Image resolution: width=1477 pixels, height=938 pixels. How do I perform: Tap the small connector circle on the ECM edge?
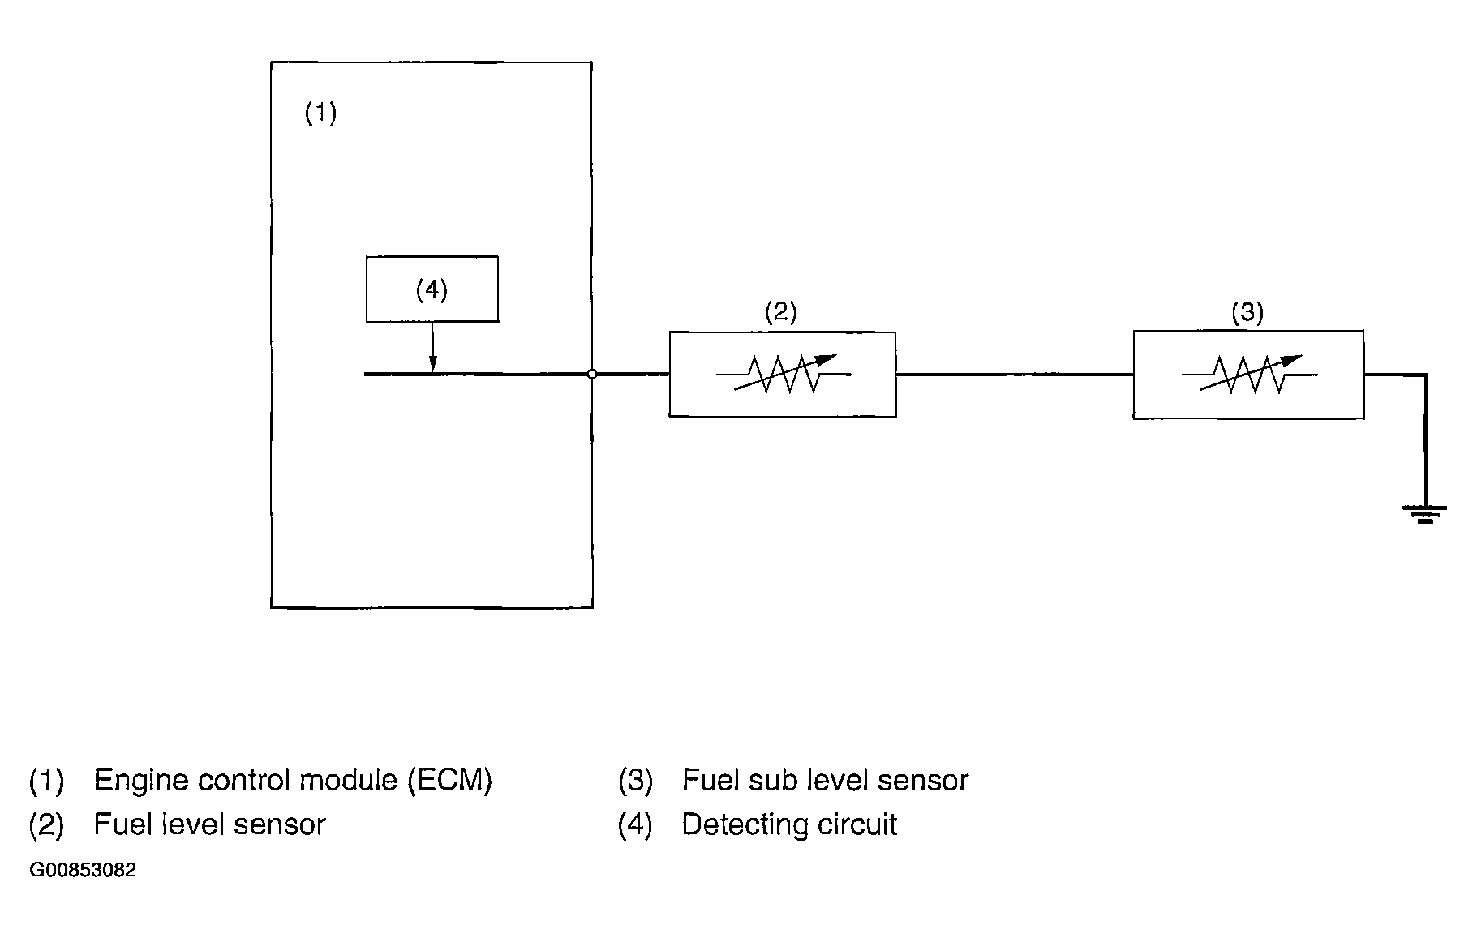pyautogui.click(x=592, y=374)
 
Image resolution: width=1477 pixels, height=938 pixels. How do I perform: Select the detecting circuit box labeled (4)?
pyautogui.click(x=432, y=289)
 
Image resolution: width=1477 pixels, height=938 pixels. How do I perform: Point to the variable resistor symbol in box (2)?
pyautogui.click(x=784, y=374)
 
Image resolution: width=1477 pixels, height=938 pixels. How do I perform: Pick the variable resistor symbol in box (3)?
pyautogui.click(x=1249, y=374)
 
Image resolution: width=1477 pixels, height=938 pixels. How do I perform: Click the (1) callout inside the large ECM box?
pyautogui.click(x=320, y=113)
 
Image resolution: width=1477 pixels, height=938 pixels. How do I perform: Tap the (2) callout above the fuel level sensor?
pyautogui.click(x=781, y=312)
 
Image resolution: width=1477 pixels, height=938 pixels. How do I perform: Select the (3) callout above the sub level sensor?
pyautogui.click(x=1247, y=312)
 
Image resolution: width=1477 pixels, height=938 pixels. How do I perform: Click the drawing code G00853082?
pyautogui.click(x=83, y=871)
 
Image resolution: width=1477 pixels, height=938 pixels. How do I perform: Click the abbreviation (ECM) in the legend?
pyautogui.click(x=449, y=780)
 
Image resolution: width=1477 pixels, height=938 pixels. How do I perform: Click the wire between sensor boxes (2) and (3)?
pyautogui.click(x=1014, y=374)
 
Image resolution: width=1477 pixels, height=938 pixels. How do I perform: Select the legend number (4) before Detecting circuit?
pyautogui.click(x=634, y=824)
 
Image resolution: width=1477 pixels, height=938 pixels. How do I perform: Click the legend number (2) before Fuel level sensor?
pyautogui.click(x=46, y=824)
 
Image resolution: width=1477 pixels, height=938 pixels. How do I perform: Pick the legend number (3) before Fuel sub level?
pyautogui.click(x=635, y=780)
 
